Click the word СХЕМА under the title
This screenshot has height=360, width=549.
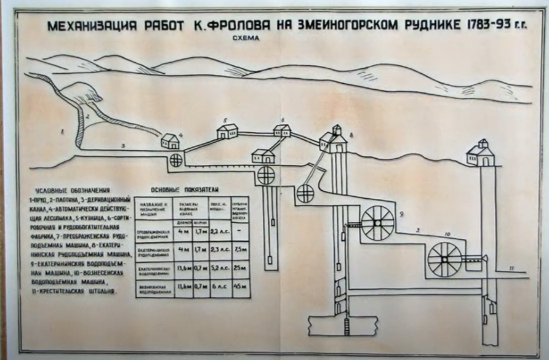coord(246,38)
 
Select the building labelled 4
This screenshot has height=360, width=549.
coord(170,142)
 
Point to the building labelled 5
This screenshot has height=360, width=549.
coord(226,131)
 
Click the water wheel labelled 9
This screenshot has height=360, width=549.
coord(377,222)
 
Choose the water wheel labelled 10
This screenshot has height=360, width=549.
coord(444,258)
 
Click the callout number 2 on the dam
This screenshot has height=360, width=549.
coord(88,116)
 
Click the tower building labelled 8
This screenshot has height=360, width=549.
coord(334,139)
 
